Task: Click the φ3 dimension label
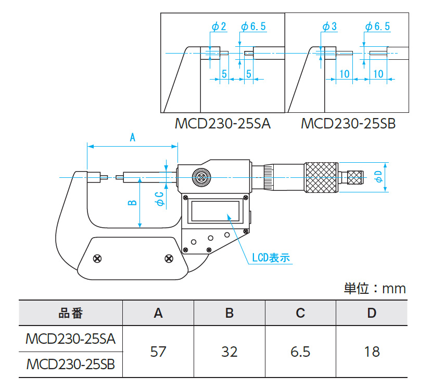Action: pos(330,27)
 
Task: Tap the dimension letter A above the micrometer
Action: pos(132,138)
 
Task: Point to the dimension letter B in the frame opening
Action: pos(132,203)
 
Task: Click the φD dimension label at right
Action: pos(379,176)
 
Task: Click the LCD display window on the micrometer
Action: pos(215,211)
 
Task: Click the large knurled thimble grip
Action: pos(321,178)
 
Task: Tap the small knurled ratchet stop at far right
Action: pos(355,178)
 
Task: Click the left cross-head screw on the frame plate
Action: pos(97,258)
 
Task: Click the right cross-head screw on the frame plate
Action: pos(168,258)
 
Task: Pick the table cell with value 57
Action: pos(158,352)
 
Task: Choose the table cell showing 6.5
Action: pos(300,352)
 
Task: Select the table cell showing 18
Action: pos(372,352)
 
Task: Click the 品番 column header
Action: pos(70,313)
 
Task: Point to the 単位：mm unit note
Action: pos(374,288)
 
